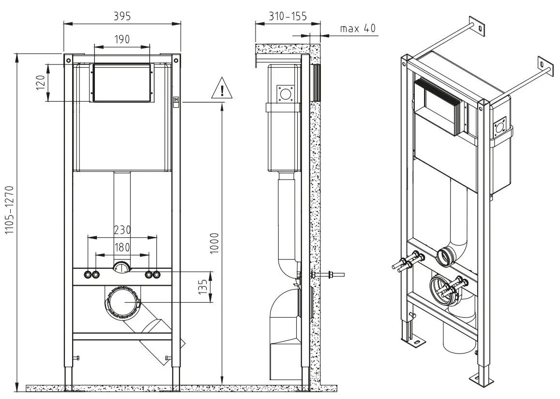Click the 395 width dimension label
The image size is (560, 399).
[x=122, y=16]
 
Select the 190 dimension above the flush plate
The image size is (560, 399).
[x=121, y=39]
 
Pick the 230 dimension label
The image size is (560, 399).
[x=121, y=230]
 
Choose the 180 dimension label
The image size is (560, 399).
[x=121, y=247]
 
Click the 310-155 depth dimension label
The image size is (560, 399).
[x=288, y=16]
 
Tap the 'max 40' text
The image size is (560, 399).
[x=358, y=29]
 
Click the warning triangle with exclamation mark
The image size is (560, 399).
[x=222, y=89]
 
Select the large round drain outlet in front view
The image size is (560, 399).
[x=121, y=302]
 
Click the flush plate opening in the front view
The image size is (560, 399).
[x=121, y=83]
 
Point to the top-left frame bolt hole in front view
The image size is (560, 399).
[x=68, y=59]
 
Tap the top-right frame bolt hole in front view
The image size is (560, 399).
[x=176, y=59]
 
